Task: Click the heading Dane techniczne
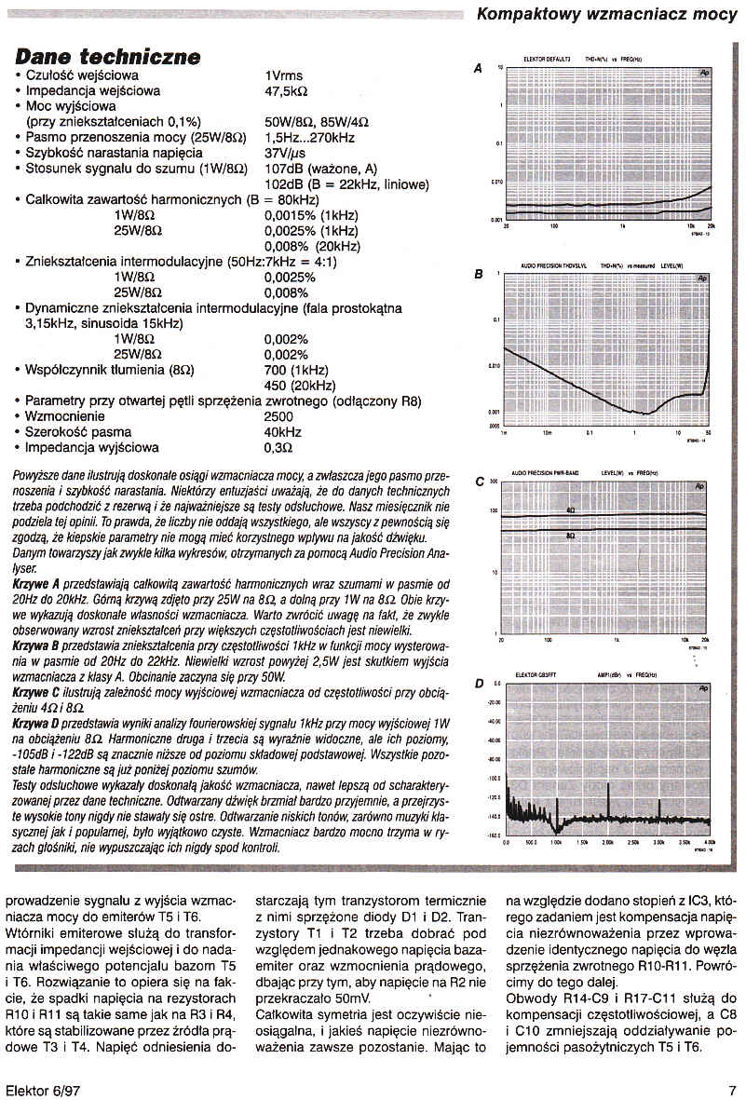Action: coord(108,57)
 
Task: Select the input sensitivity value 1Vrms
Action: coord(284,75)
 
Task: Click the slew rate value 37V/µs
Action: coord(287,153)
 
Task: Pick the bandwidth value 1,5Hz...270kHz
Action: coord(310,137)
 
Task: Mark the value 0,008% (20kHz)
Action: coord(311,246)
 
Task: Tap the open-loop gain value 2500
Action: coord(279,416)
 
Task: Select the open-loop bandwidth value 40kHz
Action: coord(283,432)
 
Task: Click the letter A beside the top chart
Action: coord(479,69)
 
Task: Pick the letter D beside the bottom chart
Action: coord(479,685)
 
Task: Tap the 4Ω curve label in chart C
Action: coord(571,509)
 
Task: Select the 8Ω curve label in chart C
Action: coord(571,536)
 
